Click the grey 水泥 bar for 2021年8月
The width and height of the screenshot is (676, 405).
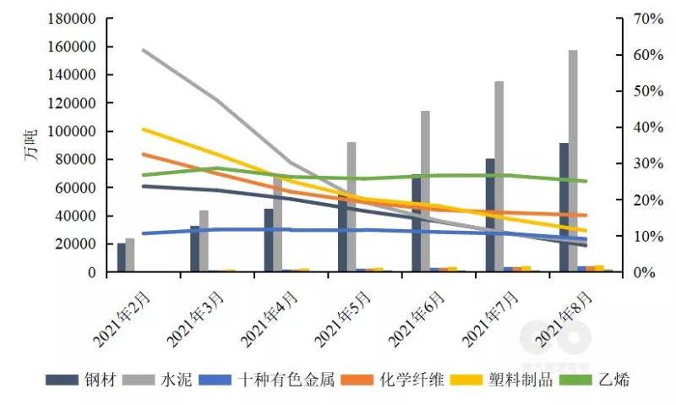coord(573,161)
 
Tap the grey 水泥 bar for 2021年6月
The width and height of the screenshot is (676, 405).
coord(425,191)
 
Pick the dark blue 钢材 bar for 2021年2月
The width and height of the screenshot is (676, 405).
coord(122,258)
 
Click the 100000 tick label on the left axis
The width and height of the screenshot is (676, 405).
coord(72,131)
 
